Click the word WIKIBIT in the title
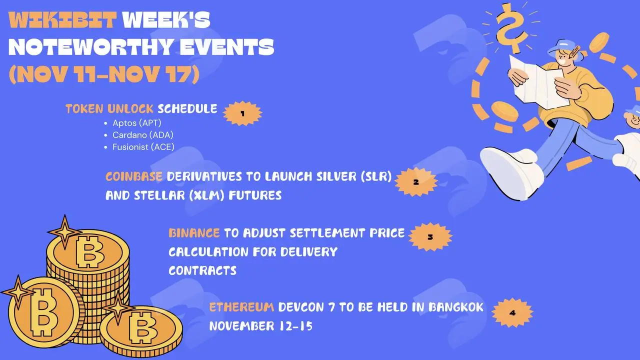[62, 19]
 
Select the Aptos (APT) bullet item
[137, 123]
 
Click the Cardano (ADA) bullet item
[143, 135]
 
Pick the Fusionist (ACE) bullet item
[143, 147]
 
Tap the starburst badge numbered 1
[242, 113]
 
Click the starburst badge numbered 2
[416, 182]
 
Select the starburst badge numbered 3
[430, 237]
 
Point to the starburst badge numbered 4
[512, 313]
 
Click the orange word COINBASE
[134, 176]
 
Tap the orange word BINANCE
[194, 233]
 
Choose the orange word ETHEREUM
[241, 307]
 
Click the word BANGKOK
[456, 307]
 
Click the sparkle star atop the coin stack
[64, 231]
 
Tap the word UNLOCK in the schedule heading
[130, 109]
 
